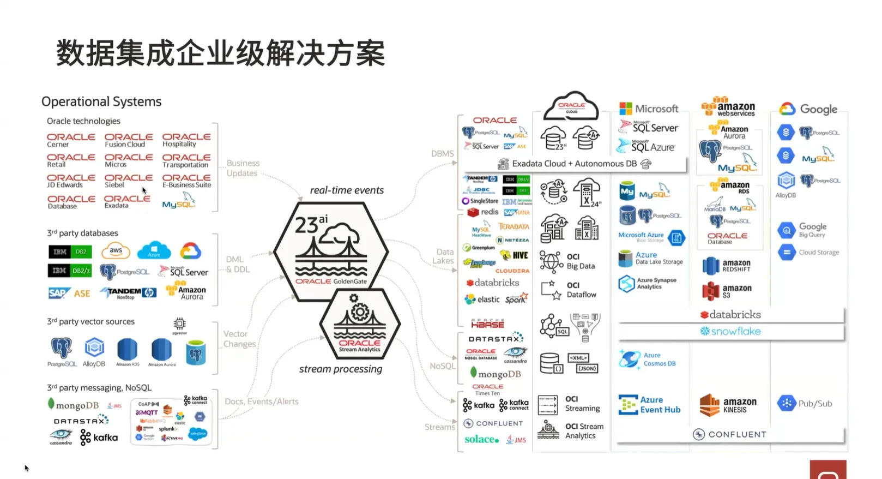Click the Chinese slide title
click(220, 53)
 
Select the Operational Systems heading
click(101, 101)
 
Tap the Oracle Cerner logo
click(71, 140)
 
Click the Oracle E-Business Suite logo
click(186, 181)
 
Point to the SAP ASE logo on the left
click(69, 293)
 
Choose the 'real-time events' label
click(347, 190)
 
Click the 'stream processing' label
click(340, 369)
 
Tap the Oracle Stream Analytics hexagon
click(360, 324)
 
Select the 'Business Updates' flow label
click(243, 168)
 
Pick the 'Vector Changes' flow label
click(239, 339)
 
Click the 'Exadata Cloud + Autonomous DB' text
click(574, 164)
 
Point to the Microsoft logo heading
click(649, 109)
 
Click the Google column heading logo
click(808, 109)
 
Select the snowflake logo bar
click(730, 331)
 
